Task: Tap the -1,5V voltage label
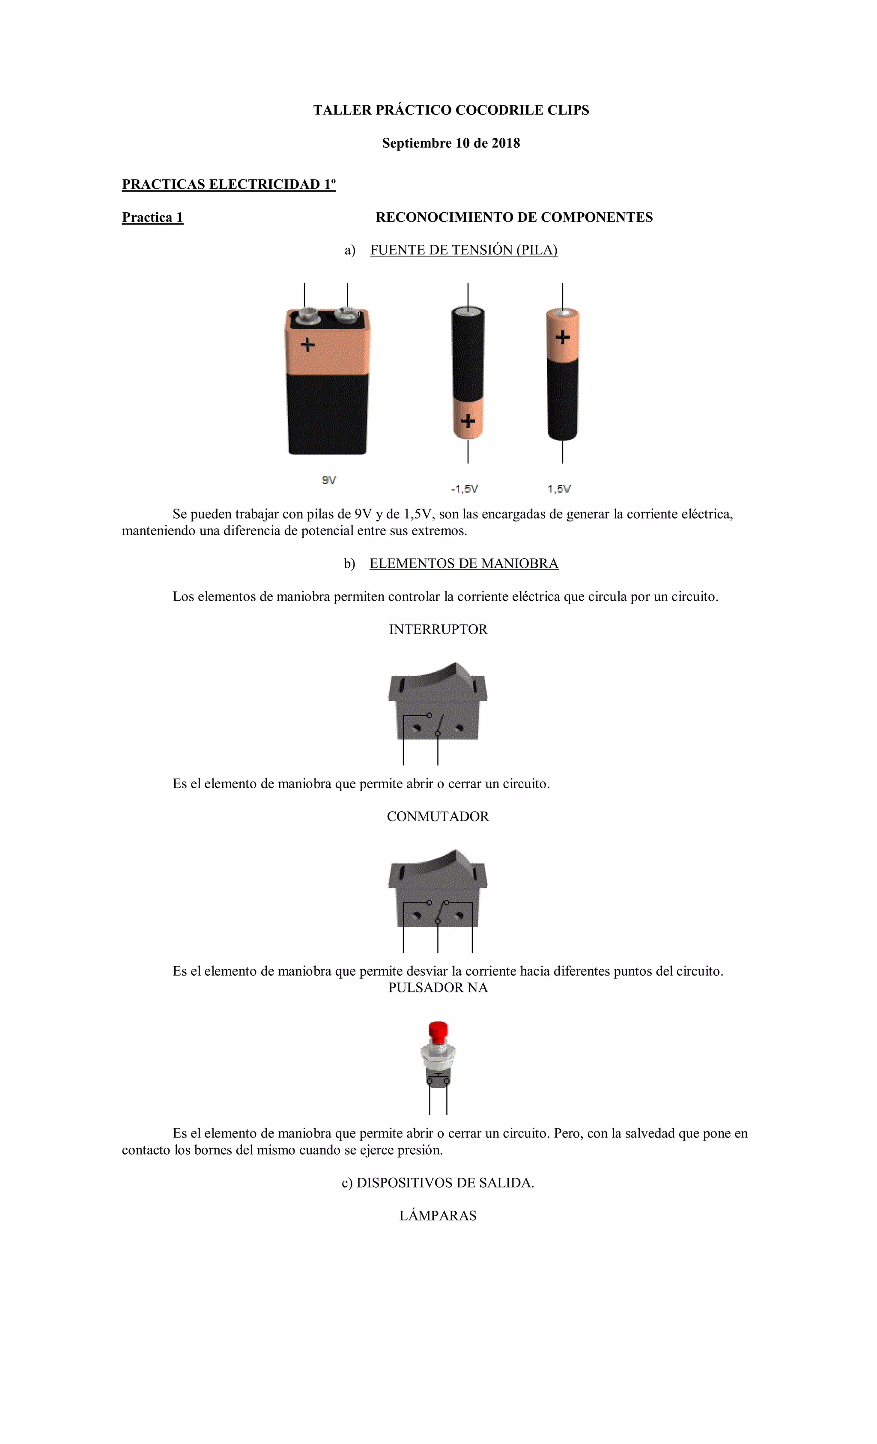click(464, 489)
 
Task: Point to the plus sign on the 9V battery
click(307, 345)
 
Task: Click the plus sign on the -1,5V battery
click(468, 420)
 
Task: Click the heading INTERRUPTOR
click(438, 629)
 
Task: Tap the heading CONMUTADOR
click(438, 816)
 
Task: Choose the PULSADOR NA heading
click(438, 988)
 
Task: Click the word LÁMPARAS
click(438, 1215)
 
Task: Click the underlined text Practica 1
click(152, 217)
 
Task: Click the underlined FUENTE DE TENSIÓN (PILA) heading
click(464, 250)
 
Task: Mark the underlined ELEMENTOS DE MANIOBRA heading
click(464, 564)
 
